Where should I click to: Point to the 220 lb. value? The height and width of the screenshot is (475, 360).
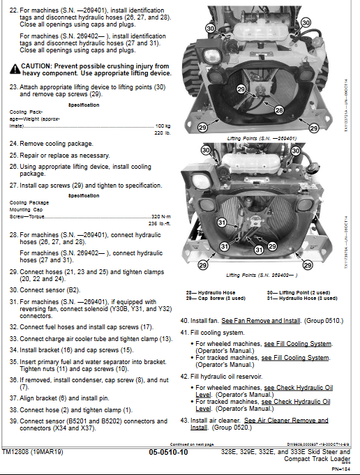(162, 133)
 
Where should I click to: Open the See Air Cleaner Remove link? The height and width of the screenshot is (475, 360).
(286, 421)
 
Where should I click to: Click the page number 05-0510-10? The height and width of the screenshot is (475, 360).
(168, 452)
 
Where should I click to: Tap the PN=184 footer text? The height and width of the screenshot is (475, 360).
(340, 468)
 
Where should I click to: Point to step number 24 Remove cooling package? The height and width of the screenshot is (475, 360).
(13, 143)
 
